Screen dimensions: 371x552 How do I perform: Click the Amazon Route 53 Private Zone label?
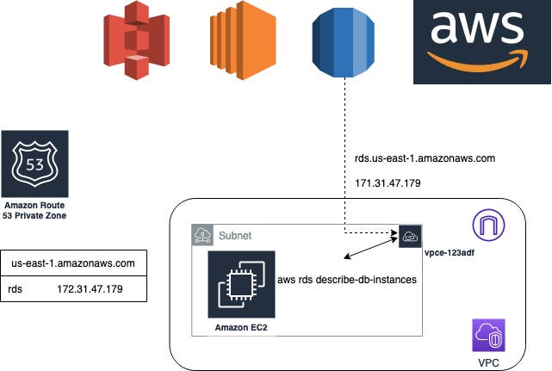click(34, 212)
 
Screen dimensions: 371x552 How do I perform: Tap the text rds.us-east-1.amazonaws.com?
click(425, 158)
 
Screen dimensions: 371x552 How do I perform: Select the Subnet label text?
click(235, 234)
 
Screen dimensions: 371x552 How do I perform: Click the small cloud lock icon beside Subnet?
click(203, 234)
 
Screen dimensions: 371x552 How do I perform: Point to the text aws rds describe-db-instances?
click(347, 281)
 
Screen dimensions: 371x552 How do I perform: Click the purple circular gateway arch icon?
click(489, 227)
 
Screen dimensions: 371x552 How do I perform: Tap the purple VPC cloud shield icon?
click(487, 334)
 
